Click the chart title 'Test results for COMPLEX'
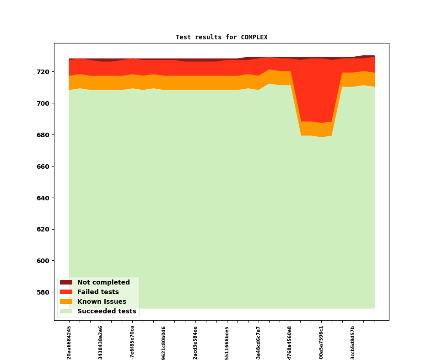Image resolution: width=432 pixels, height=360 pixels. tap(221, 38)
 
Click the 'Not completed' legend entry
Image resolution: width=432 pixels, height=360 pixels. tap(103, 283)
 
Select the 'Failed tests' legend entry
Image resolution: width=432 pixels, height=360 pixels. tap(98, 292)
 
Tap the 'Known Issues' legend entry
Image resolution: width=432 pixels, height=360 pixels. tap(102, 302)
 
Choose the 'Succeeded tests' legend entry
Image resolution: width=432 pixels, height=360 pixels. tap(107, 312)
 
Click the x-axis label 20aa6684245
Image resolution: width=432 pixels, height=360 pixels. tap(69, 342)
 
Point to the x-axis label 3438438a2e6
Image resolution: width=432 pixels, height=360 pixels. tap(101, 342)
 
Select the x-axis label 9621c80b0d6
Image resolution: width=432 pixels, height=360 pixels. tap(164, 342)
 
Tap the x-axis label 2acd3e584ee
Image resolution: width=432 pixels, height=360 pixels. tap(195, 342)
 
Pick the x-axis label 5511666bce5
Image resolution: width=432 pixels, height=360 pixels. tap(227, 342)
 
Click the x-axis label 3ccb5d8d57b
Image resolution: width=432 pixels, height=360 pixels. tap(353, 342)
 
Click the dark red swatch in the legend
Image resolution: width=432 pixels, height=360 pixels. tap(66, 283)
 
